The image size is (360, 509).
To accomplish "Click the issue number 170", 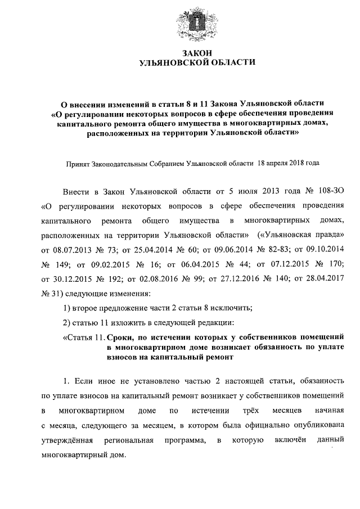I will point(327,264).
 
